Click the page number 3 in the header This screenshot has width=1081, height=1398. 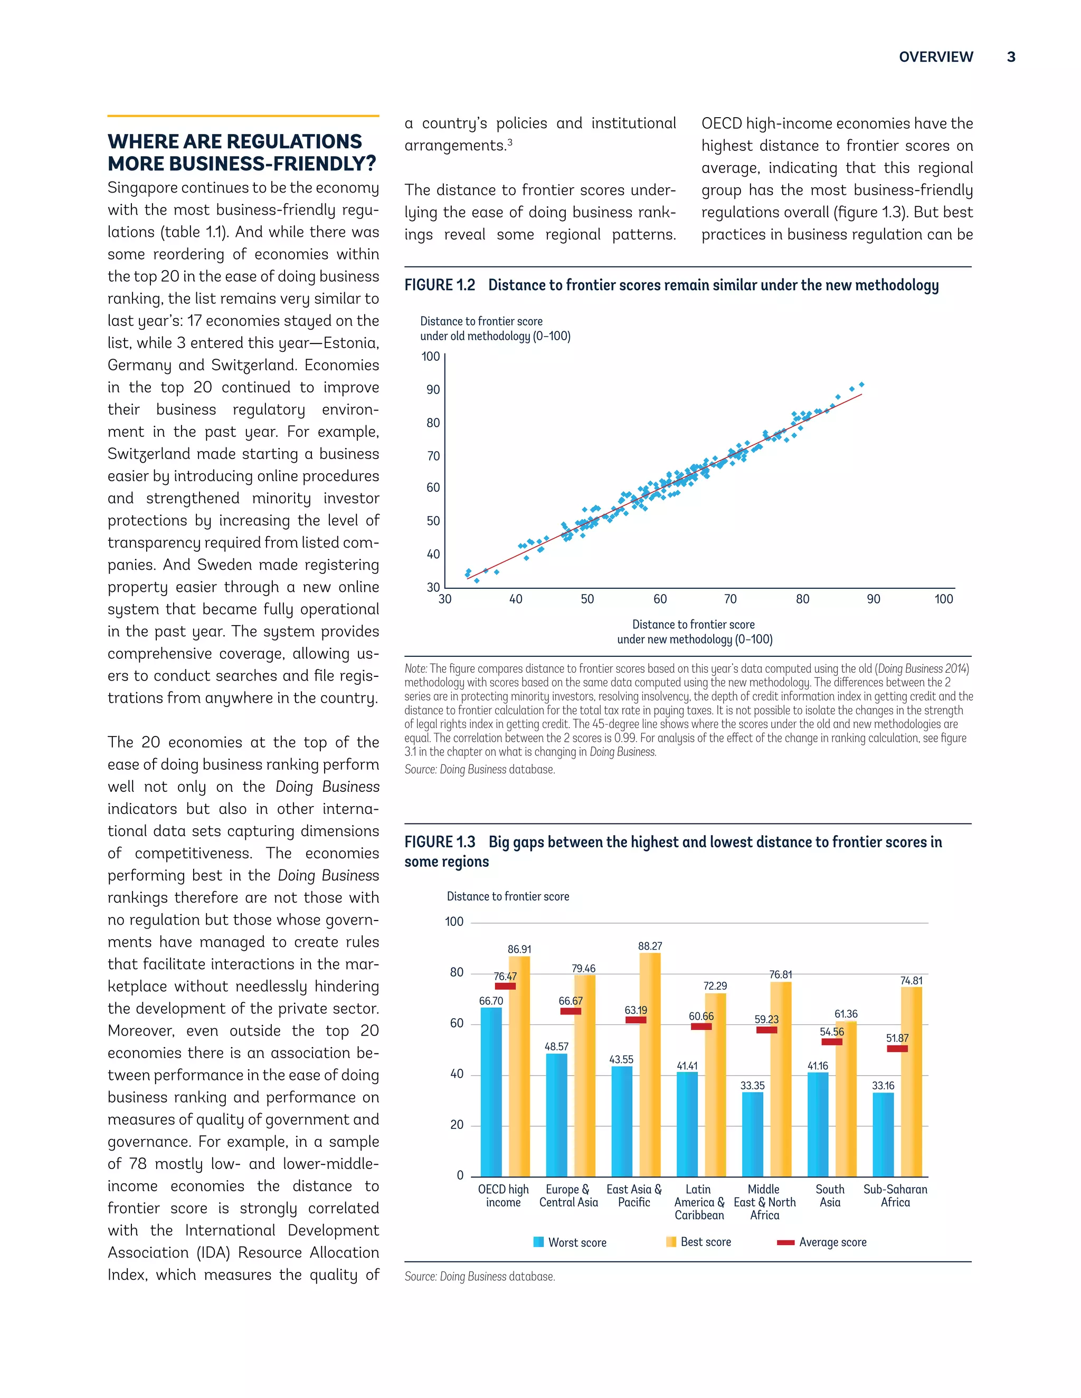click(x=1011, y=57)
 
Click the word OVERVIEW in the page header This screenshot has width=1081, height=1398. click(x=936, y=57)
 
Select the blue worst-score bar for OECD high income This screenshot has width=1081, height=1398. click(x=491, y=1091)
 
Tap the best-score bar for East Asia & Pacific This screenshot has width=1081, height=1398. click(x=650, y=1064)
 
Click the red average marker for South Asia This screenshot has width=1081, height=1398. click(x=831, y=1041)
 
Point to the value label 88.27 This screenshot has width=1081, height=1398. click(x=650, y=945)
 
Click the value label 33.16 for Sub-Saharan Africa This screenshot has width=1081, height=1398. click(x=883, y=1085)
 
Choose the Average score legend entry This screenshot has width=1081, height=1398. click(x=832, y=1242)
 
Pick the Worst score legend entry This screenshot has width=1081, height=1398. click(x=576, y=1242)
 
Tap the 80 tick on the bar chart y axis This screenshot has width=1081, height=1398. click(x=457, y=972)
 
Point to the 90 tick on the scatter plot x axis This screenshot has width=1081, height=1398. click(x=874, y=599)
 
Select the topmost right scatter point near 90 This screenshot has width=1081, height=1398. click(x=861, y=385)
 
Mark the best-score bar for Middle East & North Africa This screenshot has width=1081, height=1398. click(x=781, y=1079)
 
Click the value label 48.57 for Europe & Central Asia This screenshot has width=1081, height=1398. click(x=556, y=1046)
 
